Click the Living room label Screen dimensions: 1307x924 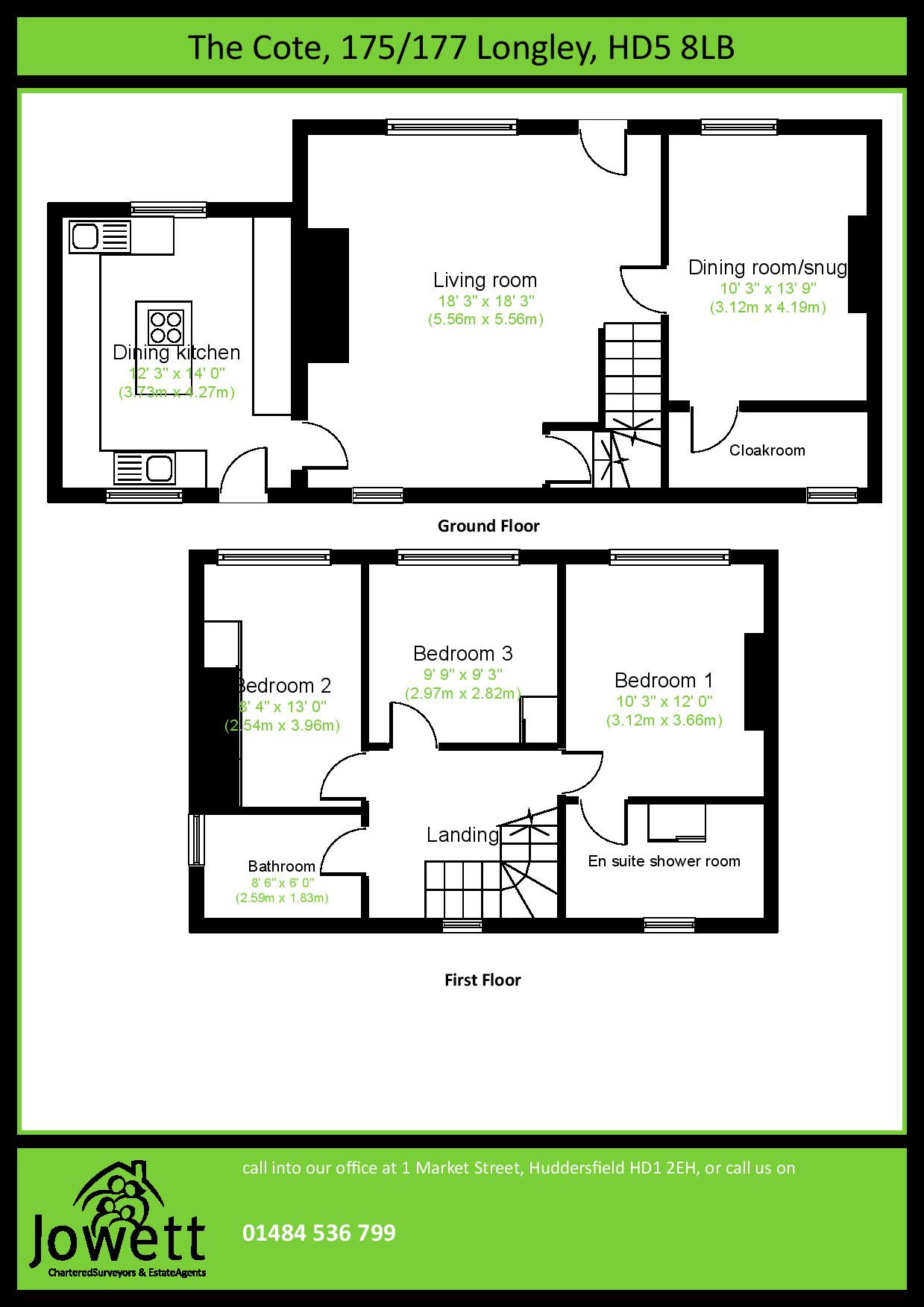(485, 280)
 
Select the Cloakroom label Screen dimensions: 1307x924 (767, 450)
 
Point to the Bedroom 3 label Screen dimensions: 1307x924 (462, 654)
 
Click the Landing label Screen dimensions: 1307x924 (462, 835)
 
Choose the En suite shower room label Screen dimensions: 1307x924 (664, 861)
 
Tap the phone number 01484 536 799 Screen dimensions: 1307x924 (318, 1233)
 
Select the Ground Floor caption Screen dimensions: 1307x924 (488, 526)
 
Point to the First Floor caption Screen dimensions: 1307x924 (482, 980)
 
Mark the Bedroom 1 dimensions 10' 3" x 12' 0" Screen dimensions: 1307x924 (664, 702)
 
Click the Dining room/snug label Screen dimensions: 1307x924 (767, 268)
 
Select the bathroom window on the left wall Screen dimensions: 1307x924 (196, 839)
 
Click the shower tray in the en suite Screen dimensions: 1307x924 (676, 822)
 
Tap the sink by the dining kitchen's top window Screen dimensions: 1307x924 (84, 237)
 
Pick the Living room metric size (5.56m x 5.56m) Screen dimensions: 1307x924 (485, 320)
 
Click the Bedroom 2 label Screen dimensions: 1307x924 (283, 685)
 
